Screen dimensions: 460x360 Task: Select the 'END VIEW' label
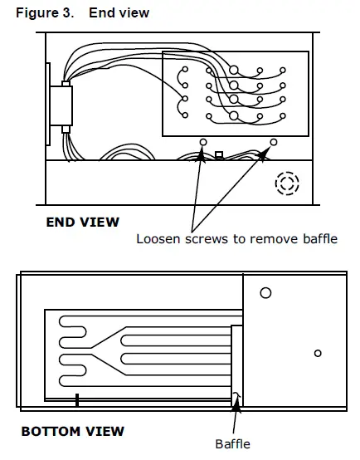(x=82, y=222)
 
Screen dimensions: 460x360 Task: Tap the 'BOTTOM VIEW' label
(x=72, y=431)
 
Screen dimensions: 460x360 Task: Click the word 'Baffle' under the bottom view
(x=232, y=444)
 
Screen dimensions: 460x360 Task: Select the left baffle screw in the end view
(x=202, y=143)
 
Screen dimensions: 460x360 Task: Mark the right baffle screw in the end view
(x=271, y=143)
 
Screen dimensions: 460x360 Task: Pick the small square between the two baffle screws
(x=219, y=154)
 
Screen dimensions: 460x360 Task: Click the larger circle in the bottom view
(x=265, y=293)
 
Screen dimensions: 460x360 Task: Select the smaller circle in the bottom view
(x=318, y=353)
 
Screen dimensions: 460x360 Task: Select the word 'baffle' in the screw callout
(x=317, y=240)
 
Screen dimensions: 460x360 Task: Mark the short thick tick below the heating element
(x=75, y=399)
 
